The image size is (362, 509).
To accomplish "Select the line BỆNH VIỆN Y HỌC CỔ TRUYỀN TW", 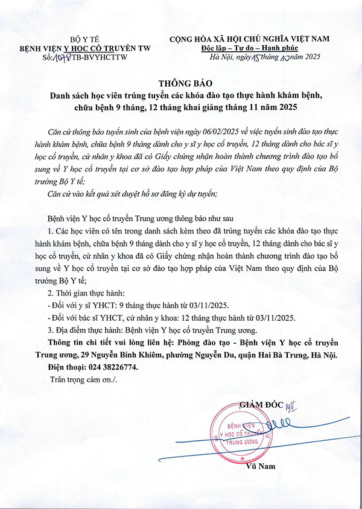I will [85, 47].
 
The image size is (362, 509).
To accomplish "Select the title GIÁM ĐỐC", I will [261, 403].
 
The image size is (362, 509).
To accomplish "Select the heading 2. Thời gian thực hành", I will [84, 294].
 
